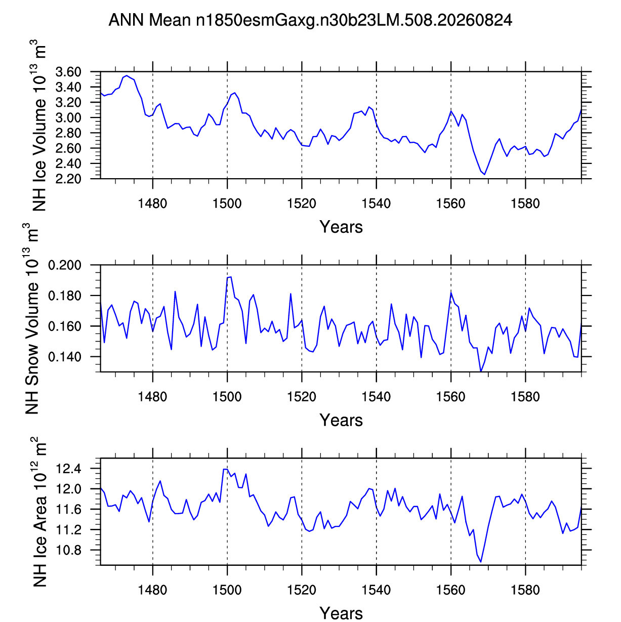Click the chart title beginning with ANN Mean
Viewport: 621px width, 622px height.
click(310, 20)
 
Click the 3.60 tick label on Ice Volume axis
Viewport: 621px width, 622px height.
click(68, 72)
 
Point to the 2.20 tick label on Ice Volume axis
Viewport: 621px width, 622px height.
click(68, 179)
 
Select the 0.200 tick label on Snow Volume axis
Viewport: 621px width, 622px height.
click(65, 265)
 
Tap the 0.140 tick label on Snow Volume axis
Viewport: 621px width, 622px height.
click(65, 357)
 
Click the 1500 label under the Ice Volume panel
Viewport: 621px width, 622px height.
click(227, 203)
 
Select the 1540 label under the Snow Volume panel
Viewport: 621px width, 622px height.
click(376, 397)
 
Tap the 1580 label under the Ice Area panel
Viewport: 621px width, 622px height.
click(525, 590)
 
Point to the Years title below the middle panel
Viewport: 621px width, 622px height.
click(341, 420)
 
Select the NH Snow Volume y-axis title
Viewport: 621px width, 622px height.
click(31, 318)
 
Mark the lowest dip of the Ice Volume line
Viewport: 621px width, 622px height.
click(484, 175)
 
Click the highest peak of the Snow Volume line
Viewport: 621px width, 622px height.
click(231, 277)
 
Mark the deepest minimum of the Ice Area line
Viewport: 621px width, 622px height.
click(481, 562)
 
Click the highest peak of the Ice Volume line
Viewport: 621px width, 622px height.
click(127, 76)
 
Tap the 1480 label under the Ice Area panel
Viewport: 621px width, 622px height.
click(152, 590)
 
